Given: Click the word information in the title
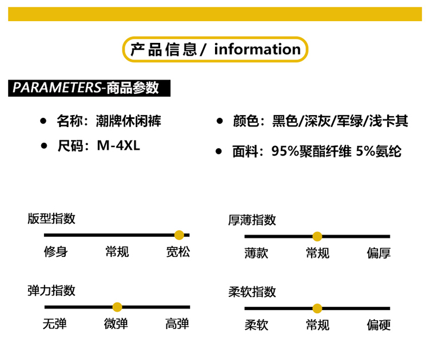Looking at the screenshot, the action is pos(257,49).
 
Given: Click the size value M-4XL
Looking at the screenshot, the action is pos(118,145).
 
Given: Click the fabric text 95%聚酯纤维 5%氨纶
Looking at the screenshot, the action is pos(336,152).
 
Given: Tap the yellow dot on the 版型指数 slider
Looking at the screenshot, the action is pos(179,235).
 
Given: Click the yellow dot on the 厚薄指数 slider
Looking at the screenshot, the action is pos(317,236).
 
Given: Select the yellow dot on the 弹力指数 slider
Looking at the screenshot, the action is pos(117,307).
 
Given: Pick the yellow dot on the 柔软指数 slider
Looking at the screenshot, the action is pos(317,308).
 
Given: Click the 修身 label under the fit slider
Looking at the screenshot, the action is pos(55,252).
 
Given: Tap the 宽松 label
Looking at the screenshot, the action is pos(178,252).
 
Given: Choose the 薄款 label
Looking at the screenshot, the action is pos(256,253).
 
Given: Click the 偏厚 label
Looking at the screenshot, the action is pos(379,253).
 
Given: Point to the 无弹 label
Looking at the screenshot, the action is pos(55,324).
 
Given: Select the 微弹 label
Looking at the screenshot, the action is pos(116,324).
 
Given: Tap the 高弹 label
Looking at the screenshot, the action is pos(177,324).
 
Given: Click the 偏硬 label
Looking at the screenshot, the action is pos(379,325).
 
